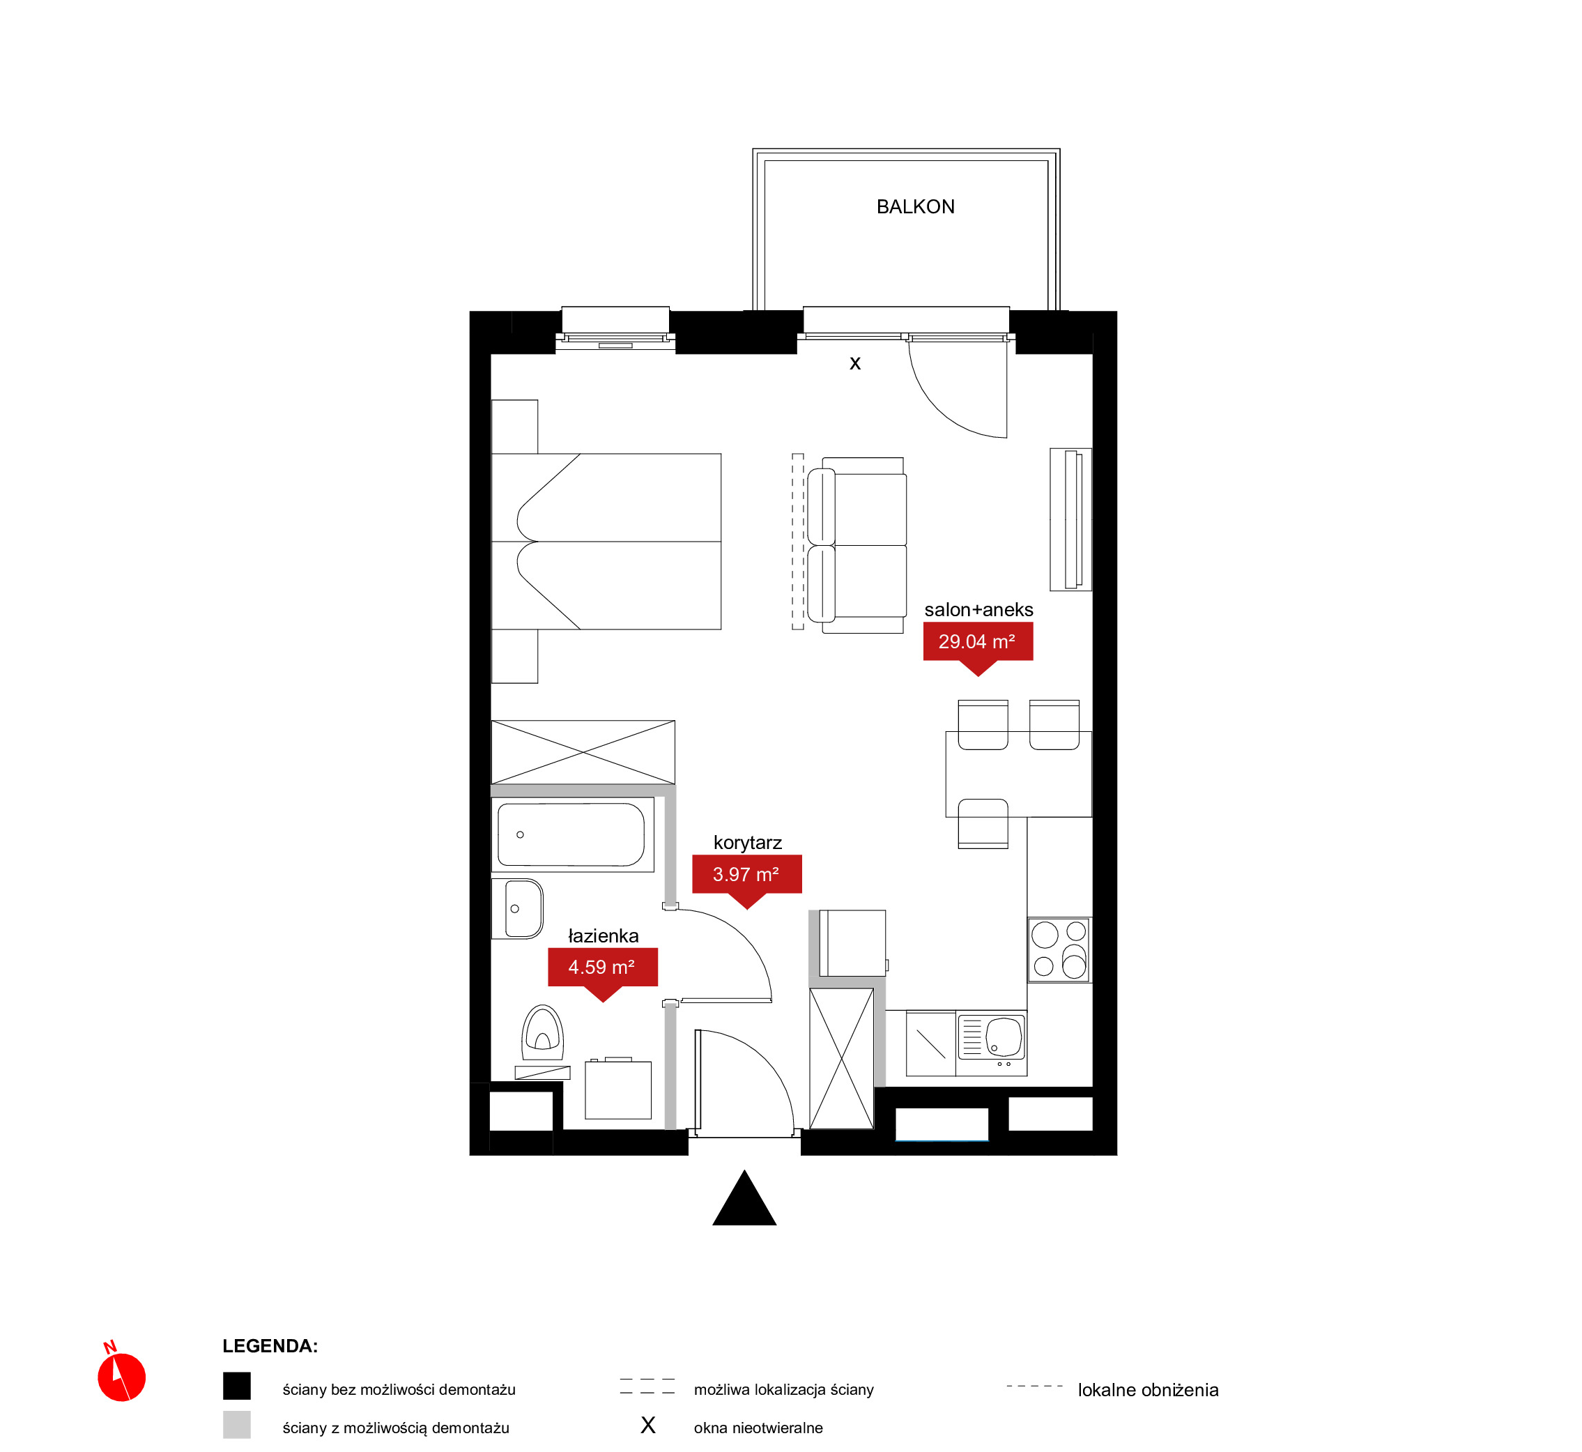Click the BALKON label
pos(915,206)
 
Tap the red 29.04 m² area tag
pos(977,643)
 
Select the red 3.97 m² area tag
pos(746,876)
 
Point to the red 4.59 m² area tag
pos(602,968)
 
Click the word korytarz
pos(747,842)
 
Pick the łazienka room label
pos(604,935)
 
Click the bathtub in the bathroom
pos(572,834)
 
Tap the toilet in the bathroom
pos(542,1032)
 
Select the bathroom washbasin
pos(518,908)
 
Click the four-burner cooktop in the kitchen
pos(1059,949)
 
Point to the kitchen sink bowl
pos(1004,1037)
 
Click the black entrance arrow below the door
pos(744,1198)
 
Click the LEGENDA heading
pos(270,1346)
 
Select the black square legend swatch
pos(236,1386)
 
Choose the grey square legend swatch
pos(236,1425)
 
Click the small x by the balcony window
pos(854,363)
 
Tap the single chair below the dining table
pos(983,823)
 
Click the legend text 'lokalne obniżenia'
pos(1148,1390)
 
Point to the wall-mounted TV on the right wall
pos(1071,519)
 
